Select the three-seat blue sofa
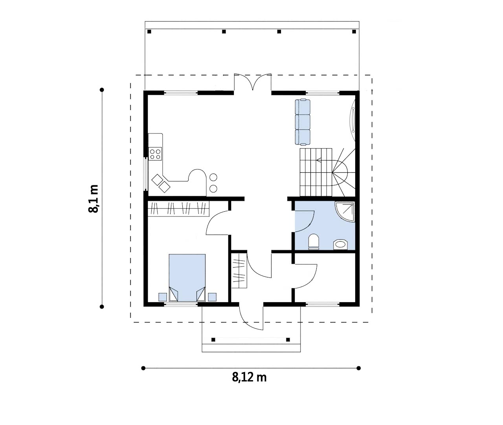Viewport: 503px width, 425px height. click(303, 122)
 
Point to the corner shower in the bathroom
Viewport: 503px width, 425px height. click(345, 212)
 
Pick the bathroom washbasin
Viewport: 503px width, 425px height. click(340, 245)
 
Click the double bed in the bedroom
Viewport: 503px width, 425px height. click(187, 277)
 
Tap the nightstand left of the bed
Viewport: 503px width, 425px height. click(163, 297)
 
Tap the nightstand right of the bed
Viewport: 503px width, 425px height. click(212, 297)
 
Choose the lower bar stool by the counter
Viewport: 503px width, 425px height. click(213, 188)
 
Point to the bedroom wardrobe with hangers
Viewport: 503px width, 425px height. click(178, 209)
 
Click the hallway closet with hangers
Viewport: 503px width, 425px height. click(239, 270)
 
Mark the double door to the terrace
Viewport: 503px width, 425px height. click(253, 82)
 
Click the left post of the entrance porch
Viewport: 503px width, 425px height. click(213, 340)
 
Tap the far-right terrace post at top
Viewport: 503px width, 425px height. click(354, 31)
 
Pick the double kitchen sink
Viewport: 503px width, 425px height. click(161, 183)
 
